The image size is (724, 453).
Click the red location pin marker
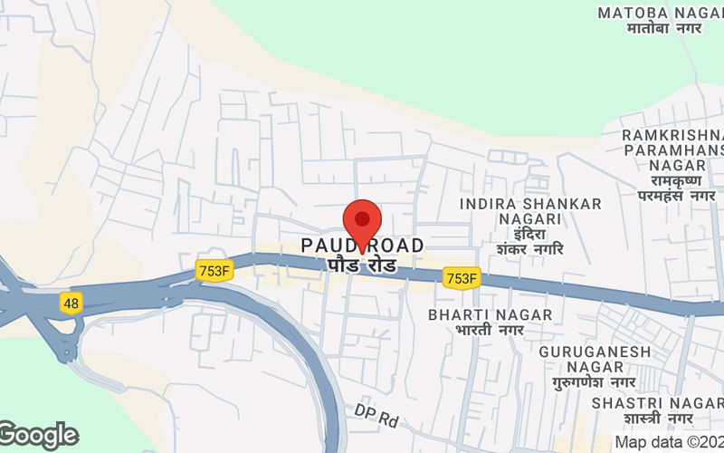click(362, 221)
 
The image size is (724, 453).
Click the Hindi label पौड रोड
click(362, 266)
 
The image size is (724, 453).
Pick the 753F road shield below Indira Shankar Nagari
click(461, 279)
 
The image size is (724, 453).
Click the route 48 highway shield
click(71, 303)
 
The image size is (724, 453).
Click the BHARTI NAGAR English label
click(491, 314)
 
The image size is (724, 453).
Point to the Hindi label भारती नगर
click(491, 331)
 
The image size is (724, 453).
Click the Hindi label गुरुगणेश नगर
click(595, 383)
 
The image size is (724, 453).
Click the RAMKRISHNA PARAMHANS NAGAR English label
click(671, 149)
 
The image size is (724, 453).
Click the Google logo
click(38, 436)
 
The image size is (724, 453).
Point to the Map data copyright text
click(669, 443)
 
